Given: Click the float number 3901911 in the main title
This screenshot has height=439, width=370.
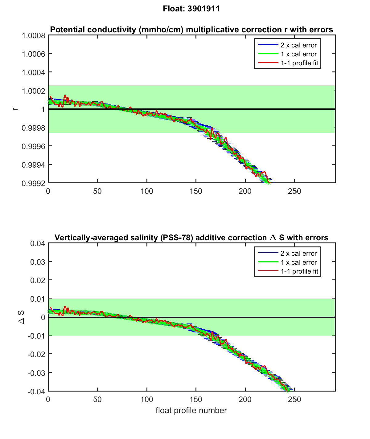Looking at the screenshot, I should tap(203, 9).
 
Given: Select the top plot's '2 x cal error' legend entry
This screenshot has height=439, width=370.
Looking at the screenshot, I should tap(298, 45).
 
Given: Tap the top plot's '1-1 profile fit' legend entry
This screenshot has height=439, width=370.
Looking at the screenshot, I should tap(299, 63).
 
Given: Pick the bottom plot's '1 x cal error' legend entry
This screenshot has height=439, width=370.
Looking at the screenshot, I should tap(298, 262).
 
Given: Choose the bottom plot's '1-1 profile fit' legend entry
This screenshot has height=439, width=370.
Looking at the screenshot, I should tap(299, 271).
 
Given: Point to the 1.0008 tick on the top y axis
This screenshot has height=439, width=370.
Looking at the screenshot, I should tap(33, 36).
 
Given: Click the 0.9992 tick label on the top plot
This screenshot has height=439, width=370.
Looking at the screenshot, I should tap(33, 183).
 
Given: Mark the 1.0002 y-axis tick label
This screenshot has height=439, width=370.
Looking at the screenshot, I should tap(33, 91).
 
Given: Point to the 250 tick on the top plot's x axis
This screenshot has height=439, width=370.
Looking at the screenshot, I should tap(294, 191).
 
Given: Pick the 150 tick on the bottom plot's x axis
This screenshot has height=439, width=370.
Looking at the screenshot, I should tap(196, 400).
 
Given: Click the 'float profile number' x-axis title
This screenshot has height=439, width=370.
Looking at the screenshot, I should tap(191, 410).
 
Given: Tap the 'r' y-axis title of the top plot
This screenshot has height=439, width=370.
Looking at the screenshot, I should tap(15, 109).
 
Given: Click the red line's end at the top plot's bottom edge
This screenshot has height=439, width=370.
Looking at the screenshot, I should tap(270, 183).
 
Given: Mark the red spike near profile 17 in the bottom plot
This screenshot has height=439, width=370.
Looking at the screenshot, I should tap(65, 307).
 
